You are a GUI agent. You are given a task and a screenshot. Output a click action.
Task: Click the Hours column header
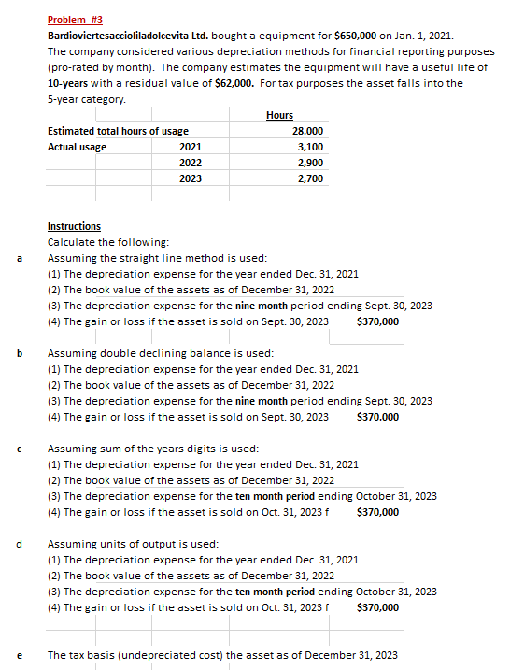tap(279, 115)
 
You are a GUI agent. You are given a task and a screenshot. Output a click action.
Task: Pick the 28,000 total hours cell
tap(308, 131)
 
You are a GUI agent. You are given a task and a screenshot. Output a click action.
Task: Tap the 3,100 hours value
tap(311, 147)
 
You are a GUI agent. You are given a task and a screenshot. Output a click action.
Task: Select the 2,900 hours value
tap(311, 163)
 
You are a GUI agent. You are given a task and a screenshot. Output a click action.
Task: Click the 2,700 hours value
tap(311, 178)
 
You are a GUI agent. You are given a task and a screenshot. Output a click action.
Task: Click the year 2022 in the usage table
tap(190, 163)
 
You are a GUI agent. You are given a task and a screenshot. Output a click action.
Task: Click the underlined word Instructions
tap(74, 226)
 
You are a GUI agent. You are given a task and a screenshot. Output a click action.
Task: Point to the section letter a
tap(19, 258)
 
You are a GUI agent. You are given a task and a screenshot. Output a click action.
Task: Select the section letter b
tap(19, 354)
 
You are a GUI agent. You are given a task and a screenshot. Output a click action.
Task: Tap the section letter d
tap(19, 544)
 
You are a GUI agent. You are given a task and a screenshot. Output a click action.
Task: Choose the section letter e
tap(19, 655)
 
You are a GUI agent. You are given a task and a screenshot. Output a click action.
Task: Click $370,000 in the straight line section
tap(377, 321)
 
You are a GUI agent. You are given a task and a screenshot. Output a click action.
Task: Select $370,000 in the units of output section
tap(377, 607)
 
